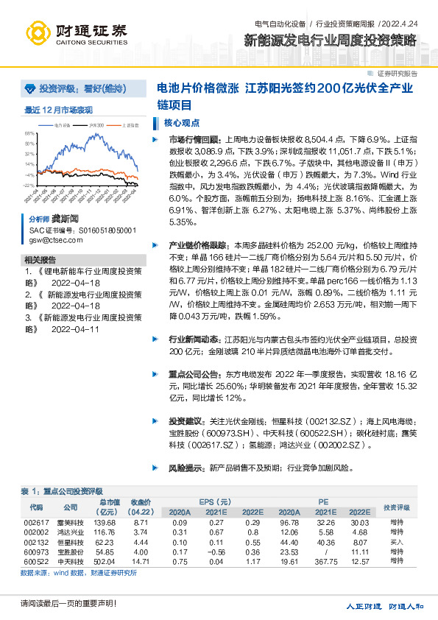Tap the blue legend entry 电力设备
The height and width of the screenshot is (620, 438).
[x=63, y=126]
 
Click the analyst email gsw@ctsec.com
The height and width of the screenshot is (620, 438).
[x=52, y=241]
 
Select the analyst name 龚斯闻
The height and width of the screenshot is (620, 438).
[x=65, y=219]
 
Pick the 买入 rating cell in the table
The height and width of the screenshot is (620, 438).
[x=396, y=540]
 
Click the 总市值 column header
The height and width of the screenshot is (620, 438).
[x=108, y=503]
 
